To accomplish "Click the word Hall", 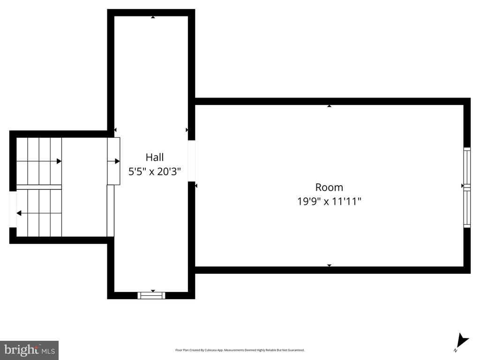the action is click(x=155, y=157).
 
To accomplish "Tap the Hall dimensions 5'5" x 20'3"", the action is click(x=155, y=172).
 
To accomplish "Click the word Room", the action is click(x=329, y=187).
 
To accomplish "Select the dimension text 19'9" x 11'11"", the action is click(x=329, y=202).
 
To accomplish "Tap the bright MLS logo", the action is click(x=29, y=350).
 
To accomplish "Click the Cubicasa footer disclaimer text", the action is click(x=240, y=350).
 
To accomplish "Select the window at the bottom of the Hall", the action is click(x=151, y=295).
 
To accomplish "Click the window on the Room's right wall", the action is click(x=467, y=187).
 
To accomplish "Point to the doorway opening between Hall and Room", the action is click(x=191, y=161).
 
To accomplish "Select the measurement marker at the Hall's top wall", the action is click(x=153, y=17).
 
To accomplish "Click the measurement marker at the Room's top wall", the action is click(x=329, y=106).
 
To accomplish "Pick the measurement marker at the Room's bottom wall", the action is click(x=329, y=265).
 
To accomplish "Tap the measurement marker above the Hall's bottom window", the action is click(x=153, y=291).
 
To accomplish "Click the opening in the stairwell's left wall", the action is click(x=13, y=210).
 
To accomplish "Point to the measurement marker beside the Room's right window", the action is click(x=463, y=186).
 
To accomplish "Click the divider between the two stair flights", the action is click(x=39, y=187).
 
